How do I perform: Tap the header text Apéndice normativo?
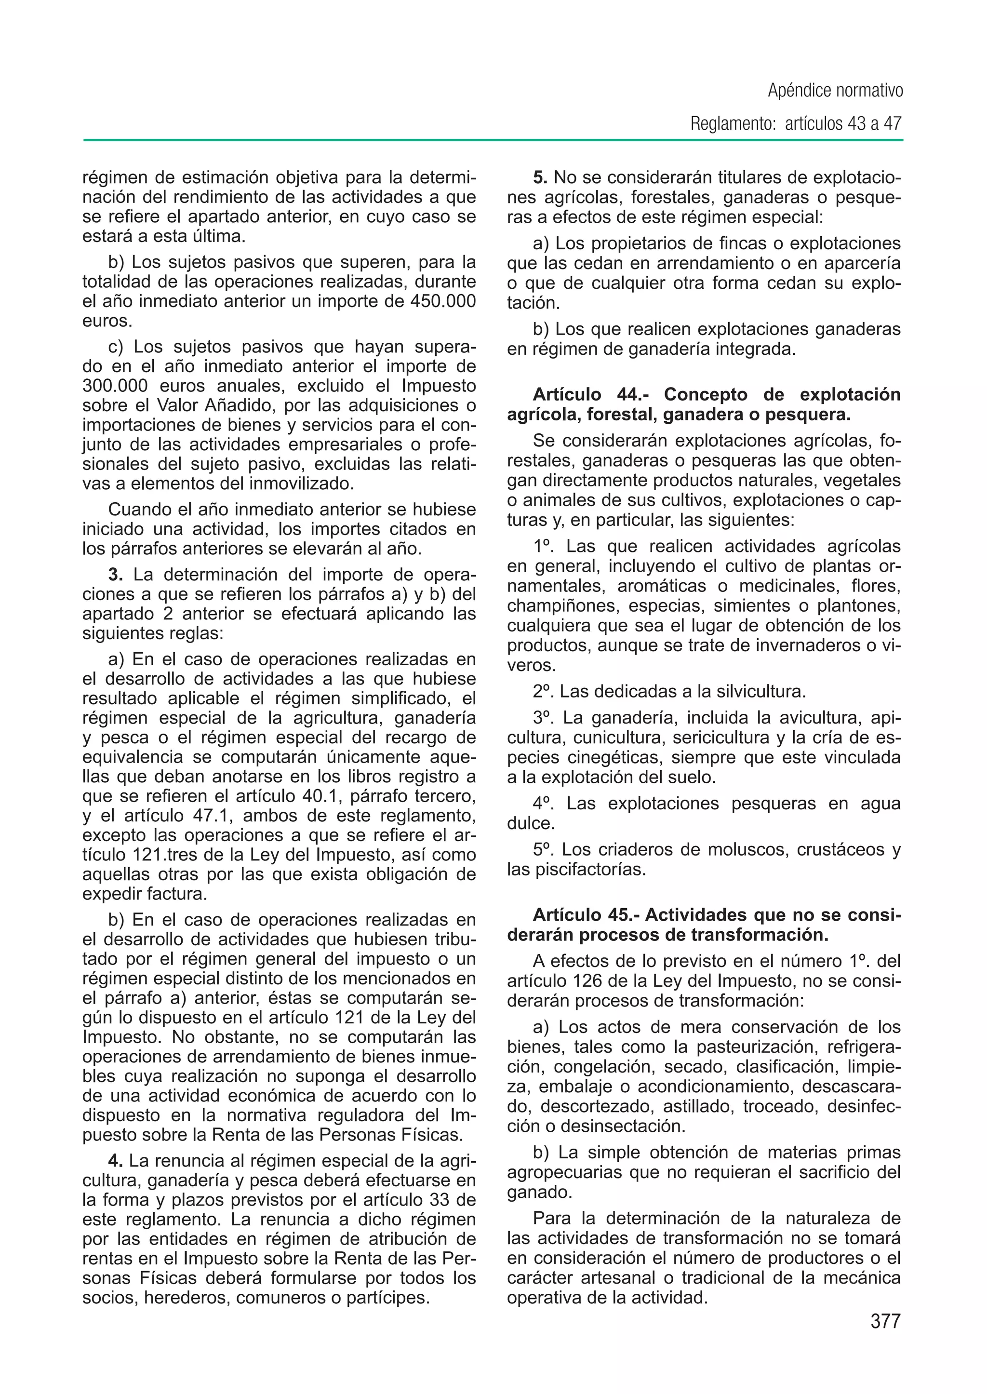(835, 91)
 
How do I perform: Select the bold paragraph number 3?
(116, 574)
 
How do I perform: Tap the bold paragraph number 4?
(116, 1161)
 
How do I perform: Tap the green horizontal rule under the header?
(493, 140)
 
